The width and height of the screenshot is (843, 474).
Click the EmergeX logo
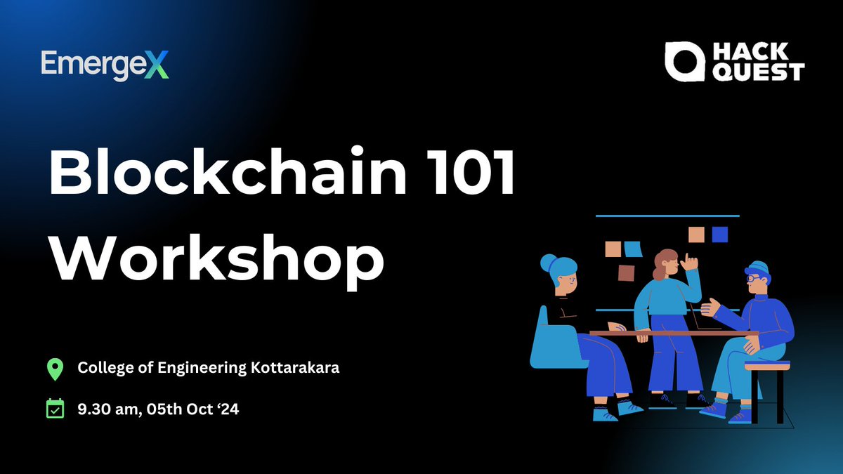105,65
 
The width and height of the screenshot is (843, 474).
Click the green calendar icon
55,409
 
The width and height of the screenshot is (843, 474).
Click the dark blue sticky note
719,234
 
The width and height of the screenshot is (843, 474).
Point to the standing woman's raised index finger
688,258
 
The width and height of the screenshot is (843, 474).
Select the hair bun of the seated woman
547,263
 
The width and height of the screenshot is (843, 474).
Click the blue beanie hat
758,268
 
